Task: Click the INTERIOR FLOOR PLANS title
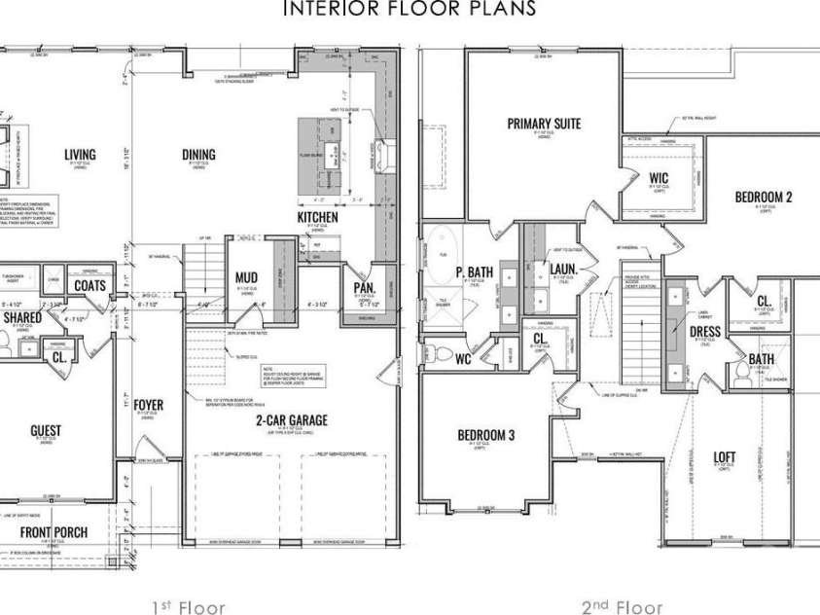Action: pos(409,9)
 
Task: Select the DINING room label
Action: pos(198,155)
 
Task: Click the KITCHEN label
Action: pos(317,217)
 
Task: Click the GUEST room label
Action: pos(46,430)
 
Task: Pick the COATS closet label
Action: pos(89,286)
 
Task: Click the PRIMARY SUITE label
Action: pos(544,124)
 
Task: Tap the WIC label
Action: pos(659,178)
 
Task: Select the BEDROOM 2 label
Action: pos(763,197)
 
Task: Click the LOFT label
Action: pos(725,456)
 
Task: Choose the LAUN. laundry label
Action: pos(563,270)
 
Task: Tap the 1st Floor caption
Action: pos(188,608)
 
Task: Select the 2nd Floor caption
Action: pos(622,608)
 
